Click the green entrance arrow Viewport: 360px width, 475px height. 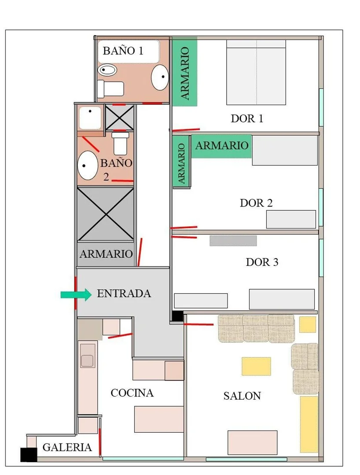76,295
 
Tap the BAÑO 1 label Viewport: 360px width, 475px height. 123,51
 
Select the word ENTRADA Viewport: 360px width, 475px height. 124,293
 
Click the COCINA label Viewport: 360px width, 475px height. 132,393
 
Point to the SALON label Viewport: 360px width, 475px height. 242,396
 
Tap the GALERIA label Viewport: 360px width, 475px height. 67,447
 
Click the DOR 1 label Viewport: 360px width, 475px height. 247,118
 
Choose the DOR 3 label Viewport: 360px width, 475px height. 262,262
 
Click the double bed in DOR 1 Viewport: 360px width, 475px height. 256,72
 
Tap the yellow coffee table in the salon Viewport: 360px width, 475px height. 256,366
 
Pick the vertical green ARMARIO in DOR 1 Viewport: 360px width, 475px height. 185,71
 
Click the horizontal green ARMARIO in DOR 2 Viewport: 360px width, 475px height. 221,146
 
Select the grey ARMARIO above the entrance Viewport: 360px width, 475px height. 106,254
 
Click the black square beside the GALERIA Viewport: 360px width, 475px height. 29,454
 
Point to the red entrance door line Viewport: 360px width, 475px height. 75,293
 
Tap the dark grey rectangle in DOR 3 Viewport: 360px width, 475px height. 233,241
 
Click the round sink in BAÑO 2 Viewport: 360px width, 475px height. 88,166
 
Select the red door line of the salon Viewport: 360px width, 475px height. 198,324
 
